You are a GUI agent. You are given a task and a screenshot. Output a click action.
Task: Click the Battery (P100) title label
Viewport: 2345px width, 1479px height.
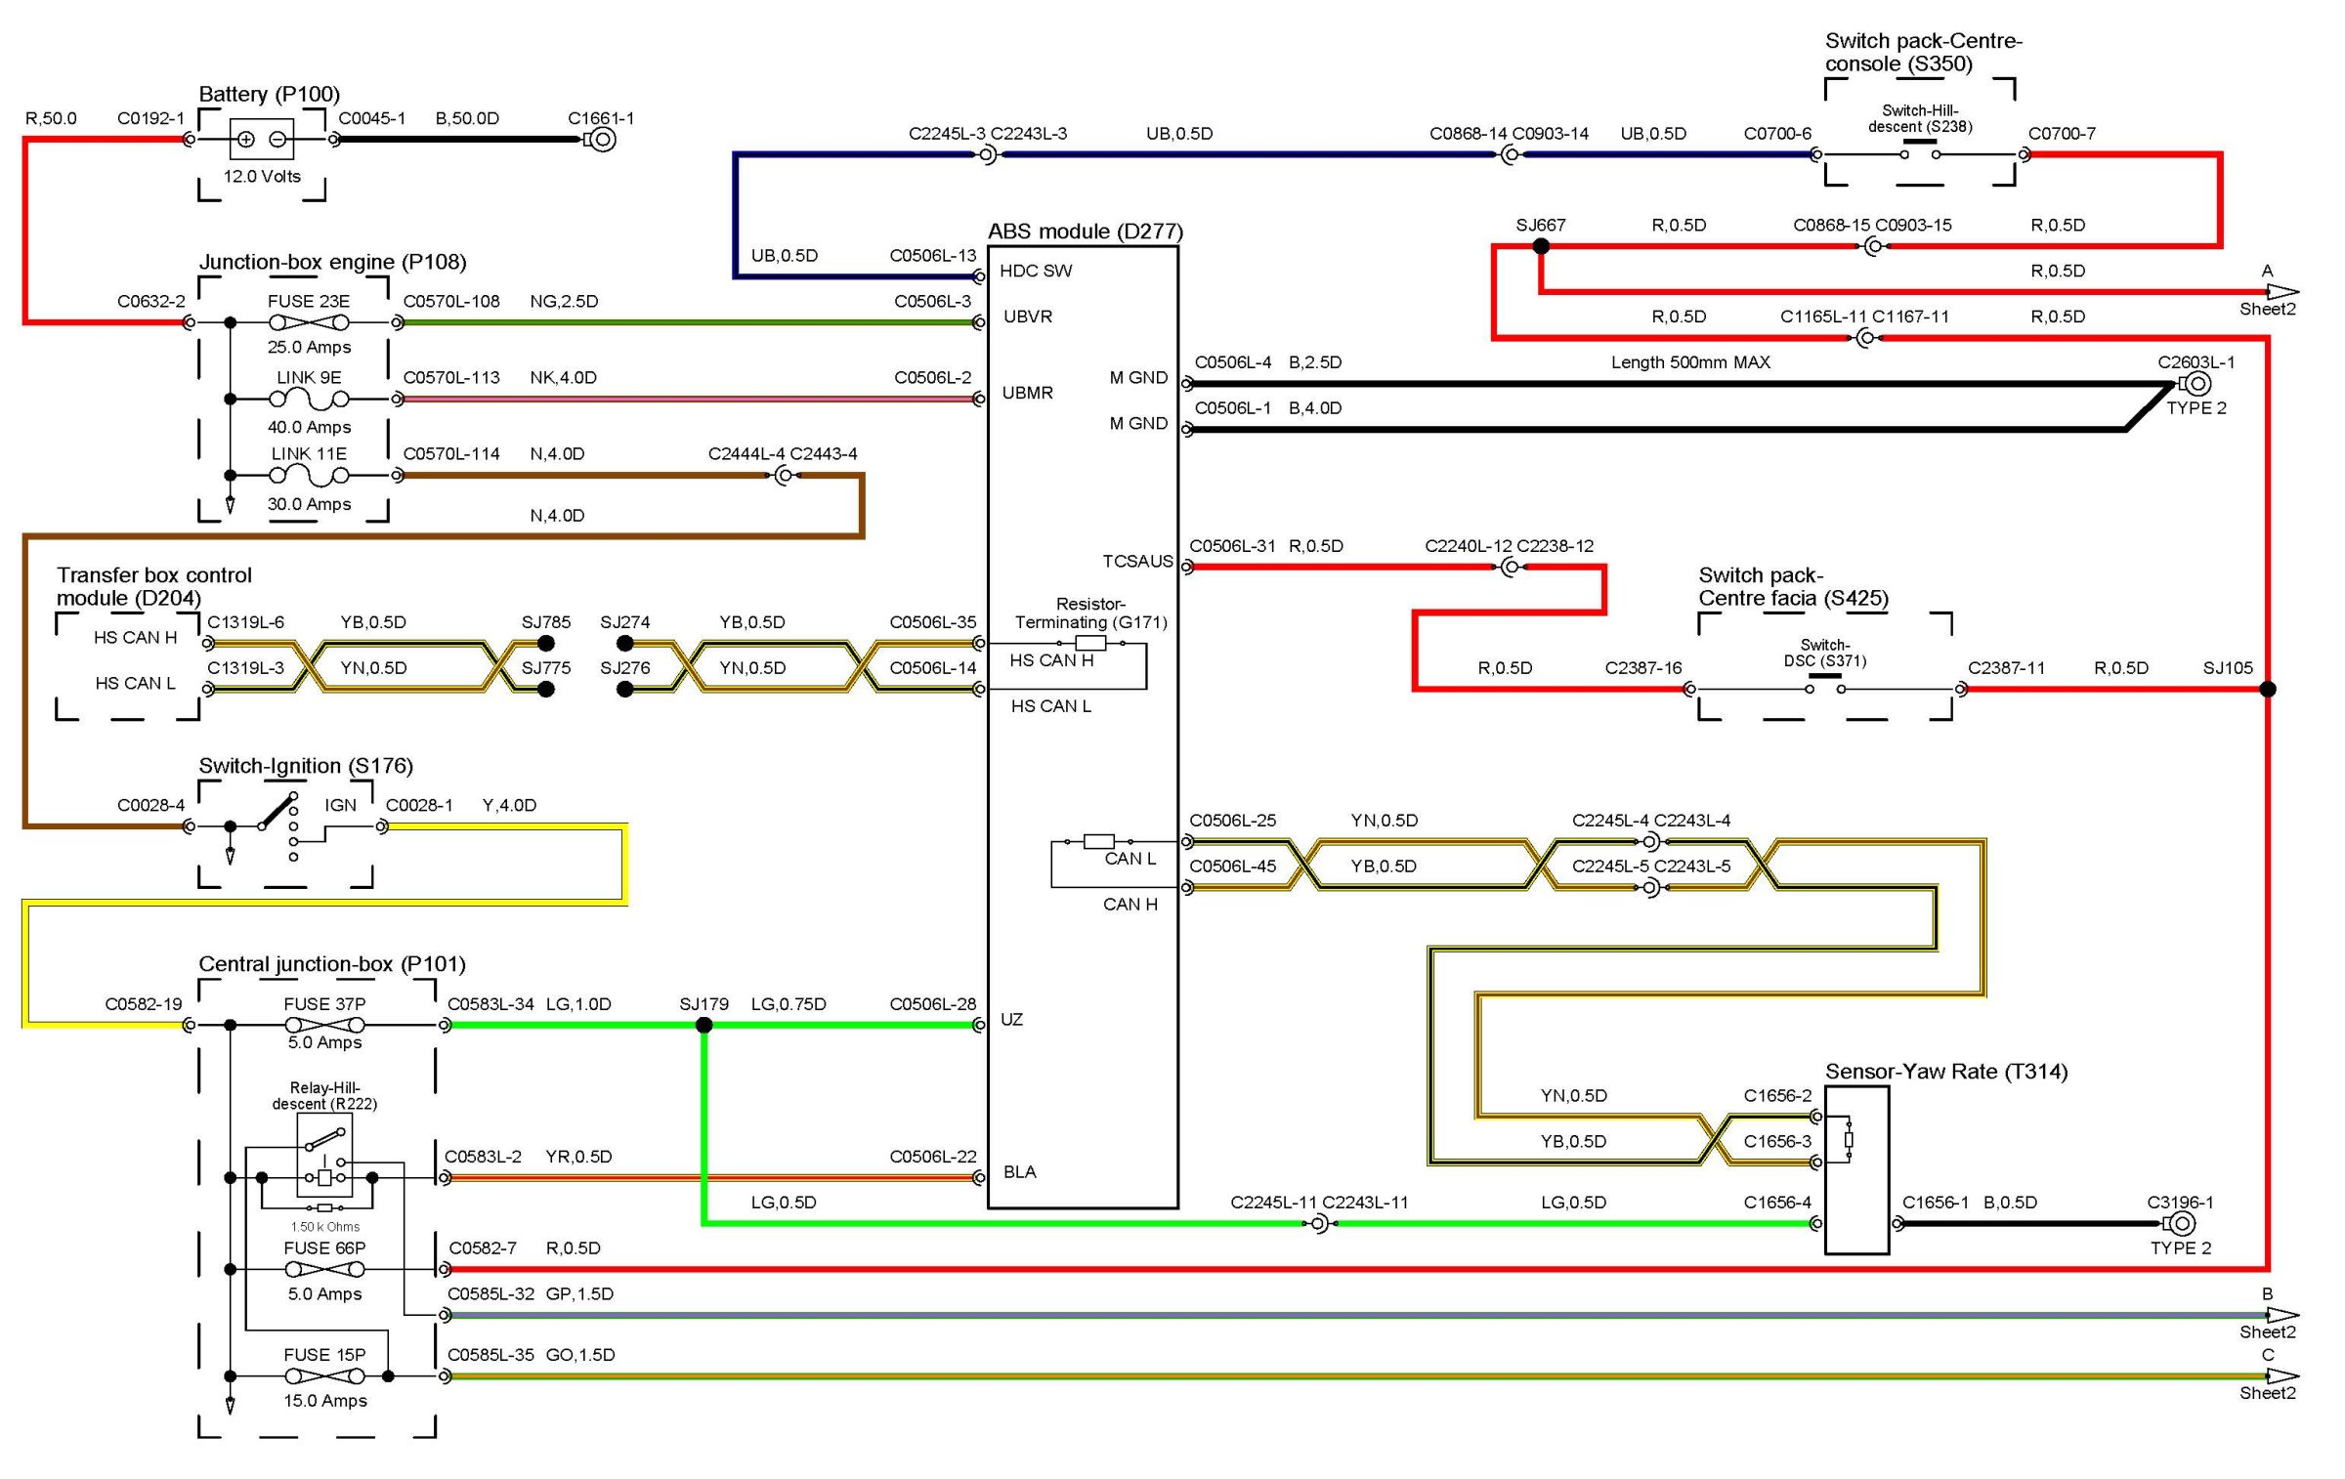tap(269, 94)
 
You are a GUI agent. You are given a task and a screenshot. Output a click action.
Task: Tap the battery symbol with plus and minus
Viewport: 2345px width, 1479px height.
tap(262, 140)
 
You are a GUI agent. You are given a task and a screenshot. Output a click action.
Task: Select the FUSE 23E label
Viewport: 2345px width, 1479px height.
tap(308, 301)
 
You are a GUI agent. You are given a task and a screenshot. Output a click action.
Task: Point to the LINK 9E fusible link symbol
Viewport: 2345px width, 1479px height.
tap(309, 399)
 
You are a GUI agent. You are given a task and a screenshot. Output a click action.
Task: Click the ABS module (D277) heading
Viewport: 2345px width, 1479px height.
tap(1085, 232)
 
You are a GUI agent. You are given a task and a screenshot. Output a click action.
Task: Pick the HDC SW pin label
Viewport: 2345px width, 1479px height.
tap(1035, 271)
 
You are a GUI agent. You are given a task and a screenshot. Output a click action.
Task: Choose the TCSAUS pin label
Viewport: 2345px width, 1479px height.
tap(1137, 561)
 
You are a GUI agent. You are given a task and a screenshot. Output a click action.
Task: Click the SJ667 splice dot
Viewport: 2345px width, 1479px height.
tap(1541, 246)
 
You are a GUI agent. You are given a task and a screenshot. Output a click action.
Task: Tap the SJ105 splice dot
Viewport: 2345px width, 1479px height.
tap(2268, 689)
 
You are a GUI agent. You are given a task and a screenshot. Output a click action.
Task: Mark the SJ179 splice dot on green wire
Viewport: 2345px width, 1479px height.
tap(703, 1025)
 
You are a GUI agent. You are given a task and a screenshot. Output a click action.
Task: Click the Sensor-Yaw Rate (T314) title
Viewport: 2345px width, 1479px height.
tap(1946, 1072)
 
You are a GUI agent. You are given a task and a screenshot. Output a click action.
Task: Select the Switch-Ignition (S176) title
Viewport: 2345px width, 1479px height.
tap(306, 766)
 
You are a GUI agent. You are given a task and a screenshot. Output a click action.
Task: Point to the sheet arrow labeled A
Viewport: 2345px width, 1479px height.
tap(2282, 291)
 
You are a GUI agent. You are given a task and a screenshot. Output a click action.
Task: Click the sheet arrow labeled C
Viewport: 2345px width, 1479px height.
tap(2282, 1375)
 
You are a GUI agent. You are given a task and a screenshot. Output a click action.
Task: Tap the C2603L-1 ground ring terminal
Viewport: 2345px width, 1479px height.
tap(2197, 384)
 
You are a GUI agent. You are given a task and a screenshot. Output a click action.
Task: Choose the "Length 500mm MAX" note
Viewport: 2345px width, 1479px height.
tap(1690, 362)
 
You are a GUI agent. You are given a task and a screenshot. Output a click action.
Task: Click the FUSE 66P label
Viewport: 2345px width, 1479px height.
tap(324, 1248)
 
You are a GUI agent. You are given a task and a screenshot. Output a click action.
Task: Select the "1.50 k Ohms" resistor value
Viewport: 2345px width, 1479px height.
tap(324, 1227)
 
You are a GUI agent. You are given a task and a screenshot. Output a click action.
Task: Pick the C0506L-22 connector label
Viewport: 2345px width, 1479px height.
tap(932, 1157)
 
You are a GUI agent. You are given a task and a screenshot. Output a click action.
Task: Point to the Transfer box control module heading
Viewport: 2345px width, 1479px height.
tap(153, 586)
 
